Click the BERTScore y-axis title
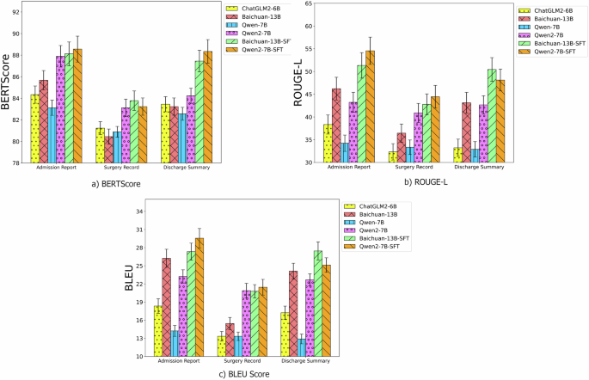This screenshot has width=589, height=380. [x=8, y=87]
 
